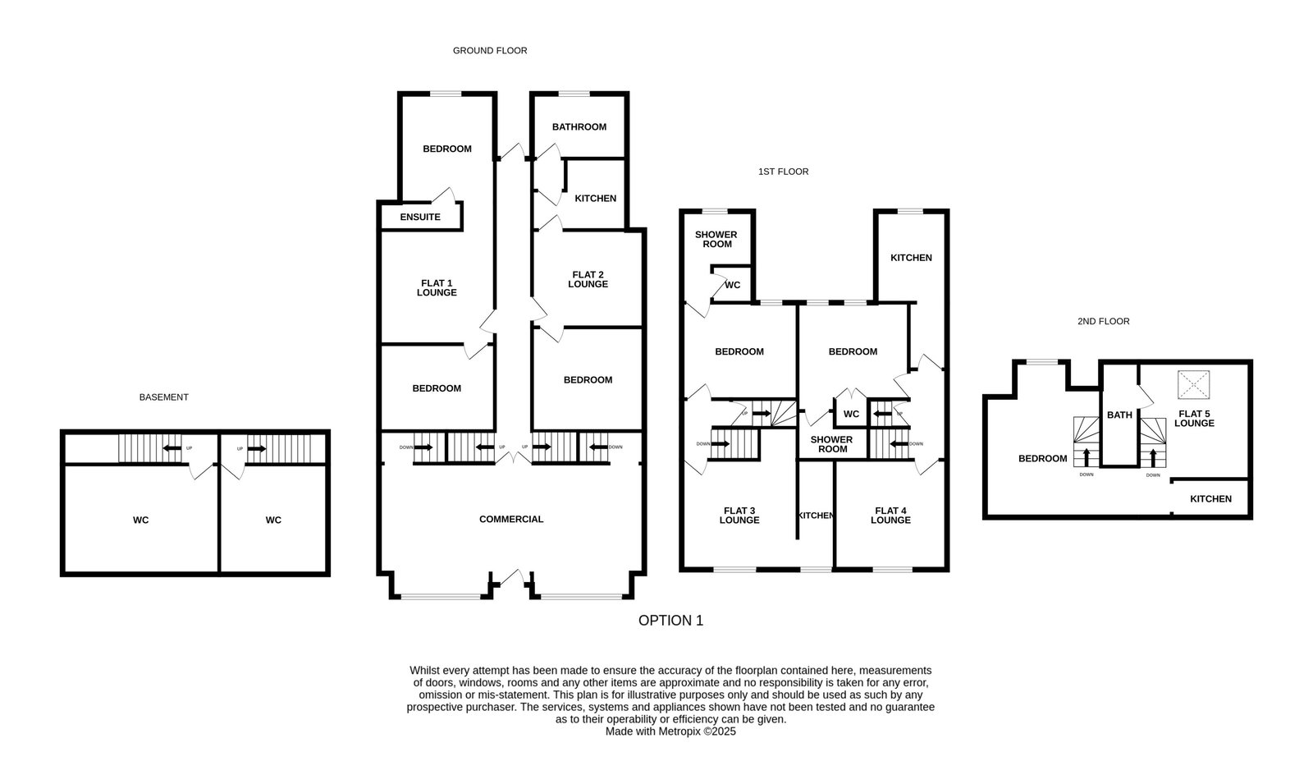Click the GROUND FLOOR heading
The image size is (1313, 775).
pos(489,51)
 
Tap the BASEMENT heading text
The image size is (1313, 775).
pos(163,397)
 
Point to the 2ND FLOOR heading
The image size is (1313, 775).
pos(1103,321)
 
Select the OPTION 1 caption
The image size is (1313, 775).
pos(670,620)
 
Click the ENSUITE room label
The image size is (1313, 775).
pos(420,217)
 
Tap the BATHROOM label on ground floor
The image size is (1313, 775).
pos(579,126)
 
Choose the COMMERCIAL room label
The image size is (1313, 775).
pos(511,519)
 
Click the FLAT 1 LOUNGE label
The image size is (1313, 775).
pos(437,288)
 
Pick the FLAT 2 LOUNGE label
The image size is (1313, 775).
pos(588,279)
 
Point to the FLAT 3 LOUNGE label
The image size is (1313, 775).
pos(739,516)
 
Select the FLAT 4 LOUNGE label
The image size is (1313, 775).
pos(890,516)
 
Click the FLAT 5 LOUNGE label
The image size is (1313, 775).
pos(1194,419)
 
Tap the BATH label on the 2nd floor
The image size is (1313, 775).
pos(1119,415)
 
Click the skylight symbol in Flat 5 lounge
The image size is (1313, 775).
pos(1193,384)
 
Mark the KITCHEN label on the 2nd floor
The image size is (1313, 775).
pos(1210,499)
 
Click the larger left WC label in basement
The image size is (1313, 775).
pos(140,520)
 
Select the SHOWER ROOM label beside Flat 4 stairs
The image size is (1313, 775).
pos(832,444)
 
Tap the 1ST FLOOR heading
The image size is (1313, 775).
pos(783,172)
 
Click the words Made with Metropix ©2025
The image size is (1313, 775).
pos(670,731)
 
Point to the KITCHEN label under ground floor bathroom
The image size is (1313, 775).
pos(596,198)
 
